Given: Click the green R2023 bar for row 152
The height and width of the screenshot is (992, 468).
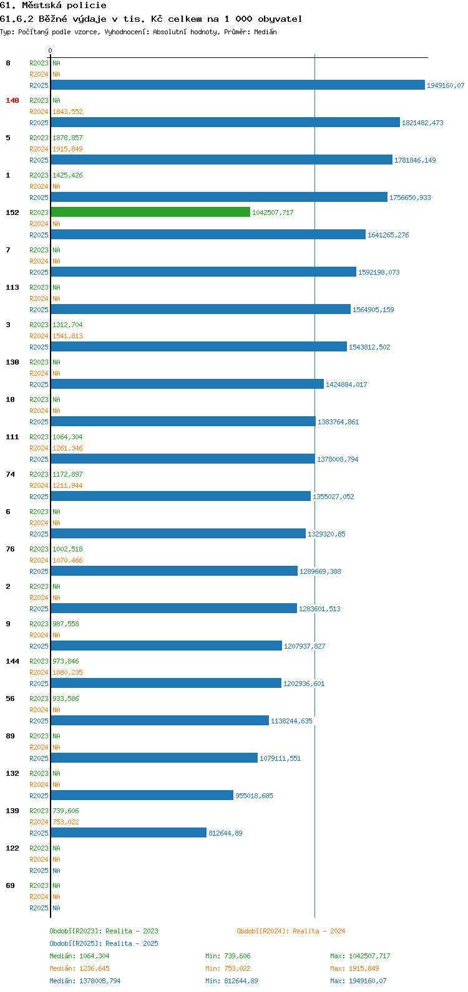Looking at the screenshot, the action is click(x=150, y=212).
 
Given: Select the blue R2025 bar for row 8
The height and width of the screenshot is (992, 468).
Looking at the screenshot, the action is click(x=238, y=85).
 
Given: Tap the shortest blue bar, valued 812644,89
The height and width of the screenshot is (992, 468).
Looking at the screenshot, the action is click(x=129, y=832).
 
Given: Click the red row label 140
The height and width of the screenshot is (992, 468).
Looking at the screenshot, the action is click(x=12, y=100).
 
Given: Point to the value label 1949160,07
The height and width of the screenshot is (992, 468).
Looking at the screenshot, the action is click(x=446, y=85).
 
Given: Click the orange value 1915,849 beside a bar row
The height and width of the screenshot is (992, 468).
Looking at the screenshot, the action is click(x=67, y=150).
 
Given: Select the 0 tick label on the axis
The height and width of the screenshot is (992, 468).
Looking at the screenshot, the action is click(x=50, y=50).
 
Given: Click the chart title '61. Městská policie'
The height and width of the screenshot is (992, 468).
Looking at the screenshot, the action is click(x=53, y=6).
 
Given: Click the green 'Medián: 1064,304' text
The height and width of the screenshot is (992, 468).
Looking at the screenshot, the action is click(x=79, y=956).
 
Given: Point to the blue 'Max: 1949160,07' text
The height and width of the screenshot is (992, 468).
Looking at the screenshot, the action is click(x=358, y=981).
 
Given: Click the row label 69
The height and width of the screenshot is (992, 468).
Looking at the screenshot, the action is click(x=10, y=885).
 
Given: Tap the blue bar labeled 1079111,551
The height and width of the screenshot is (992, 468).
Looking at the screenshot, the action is click(x=154, y=758).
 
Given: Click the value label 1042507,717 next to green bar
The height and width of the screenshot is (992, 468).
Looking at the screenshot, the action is click(x=273, y=212).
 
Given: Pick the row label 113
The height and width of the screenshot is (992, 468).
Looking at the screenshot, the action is click(x=12, y=287).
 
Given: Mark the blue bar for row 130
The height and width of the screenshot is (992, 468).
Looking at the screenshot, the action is click(x=187, y=384).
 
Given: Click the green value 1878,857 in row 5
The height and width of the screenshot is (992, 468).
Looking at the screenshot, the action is click(x=67, y=138).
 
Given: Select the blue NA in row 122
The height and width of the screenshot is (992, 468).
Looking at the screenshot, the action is click(x=56, y=870).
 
